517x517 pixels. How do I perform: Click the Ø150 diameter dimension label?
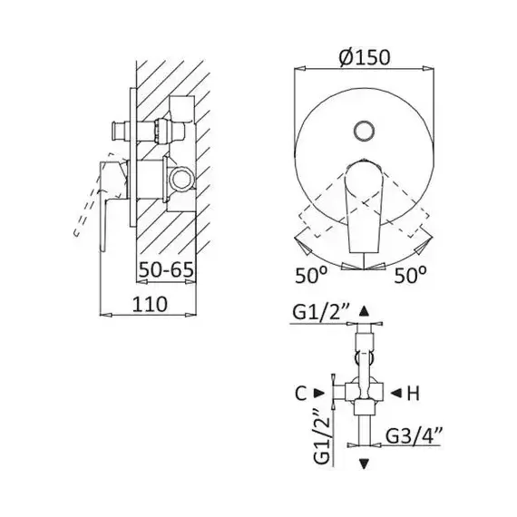tap(365, 57)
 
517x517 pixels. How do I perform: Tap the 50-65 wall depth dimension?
tap(166, 269)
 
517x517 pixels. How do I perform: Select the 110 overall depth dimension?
tap(150, 304)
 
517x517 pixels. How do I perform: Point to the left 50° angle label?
tap(311, 275)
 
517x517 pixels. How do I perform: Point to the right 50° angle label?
tap(411, 275)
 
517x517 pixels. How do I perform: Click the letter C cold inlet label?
tap(301, 393)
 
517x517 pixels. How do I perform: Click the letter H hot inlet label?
tap(413, 393)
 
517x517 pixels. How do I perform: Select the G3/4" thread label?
tap(414, 436)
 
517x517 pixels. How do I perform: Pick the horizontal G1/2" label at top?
tap(320, 313)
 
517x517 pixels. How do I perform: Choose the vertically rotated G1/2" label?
tap(322, 436)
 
